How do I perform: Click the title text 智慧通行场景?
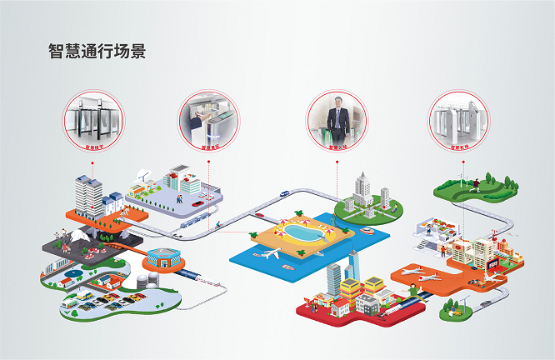(x=97, y=51)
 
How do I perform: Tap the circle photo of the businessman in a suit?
(x=336, y=120)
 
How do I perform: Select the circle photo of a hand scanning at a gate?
(x=208, y=120)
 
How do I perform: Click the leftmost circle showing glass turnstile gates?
(x=93, y=120)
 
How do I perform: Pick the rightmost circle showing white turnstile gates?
(x=457, y=120)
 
